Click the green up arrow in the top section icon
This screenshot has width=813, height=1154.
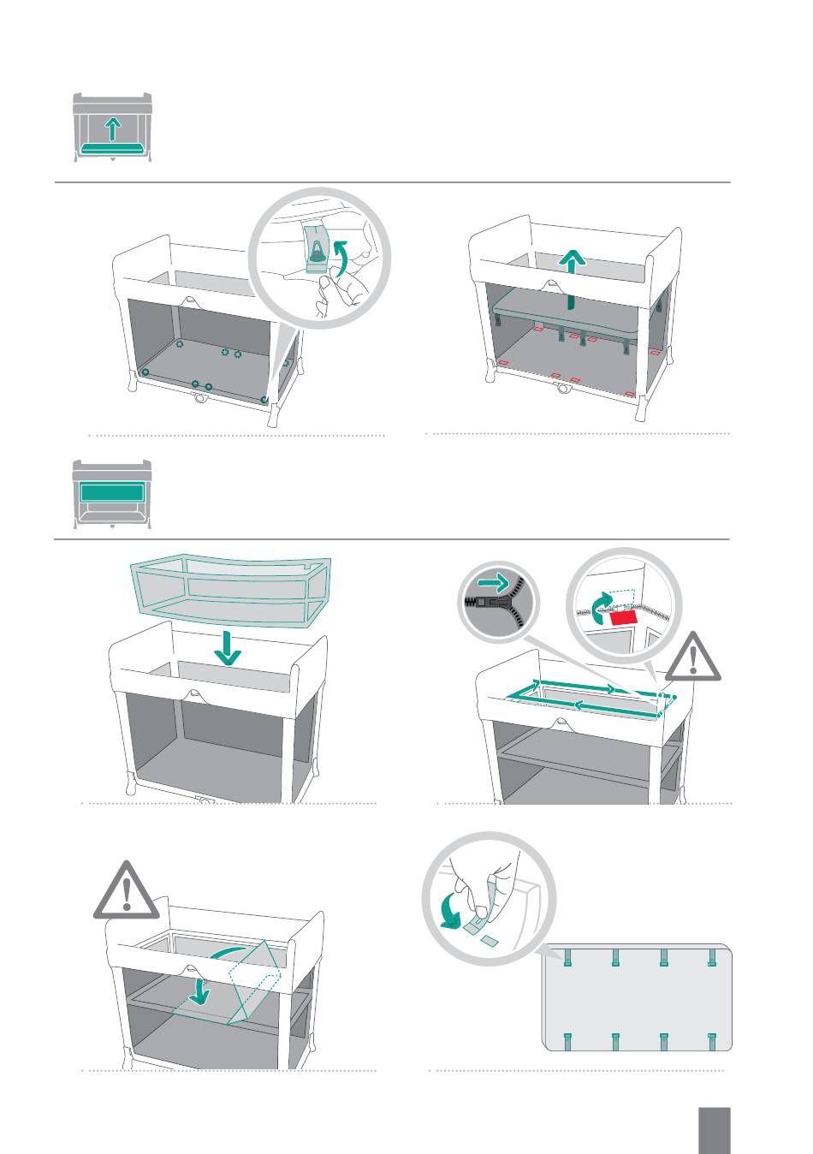click(113, 129)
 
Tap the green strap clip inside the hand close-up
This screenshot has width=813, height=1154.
click(317, 251)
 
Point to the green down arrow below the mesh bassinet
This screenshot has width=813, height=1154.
click(227, 648)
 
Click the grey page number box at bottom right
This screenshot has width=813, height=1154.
click(714, 1130)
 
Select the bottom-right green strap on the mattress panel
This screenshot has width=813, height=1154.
click(710, 1041)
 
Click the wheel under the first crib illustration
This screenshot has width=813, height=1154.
click(201, 398)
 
